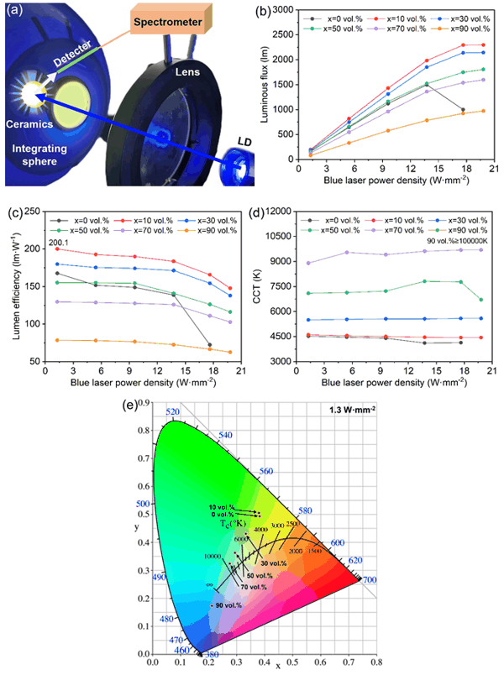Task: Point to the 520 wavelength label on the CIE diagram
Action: tap(174, 411)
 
